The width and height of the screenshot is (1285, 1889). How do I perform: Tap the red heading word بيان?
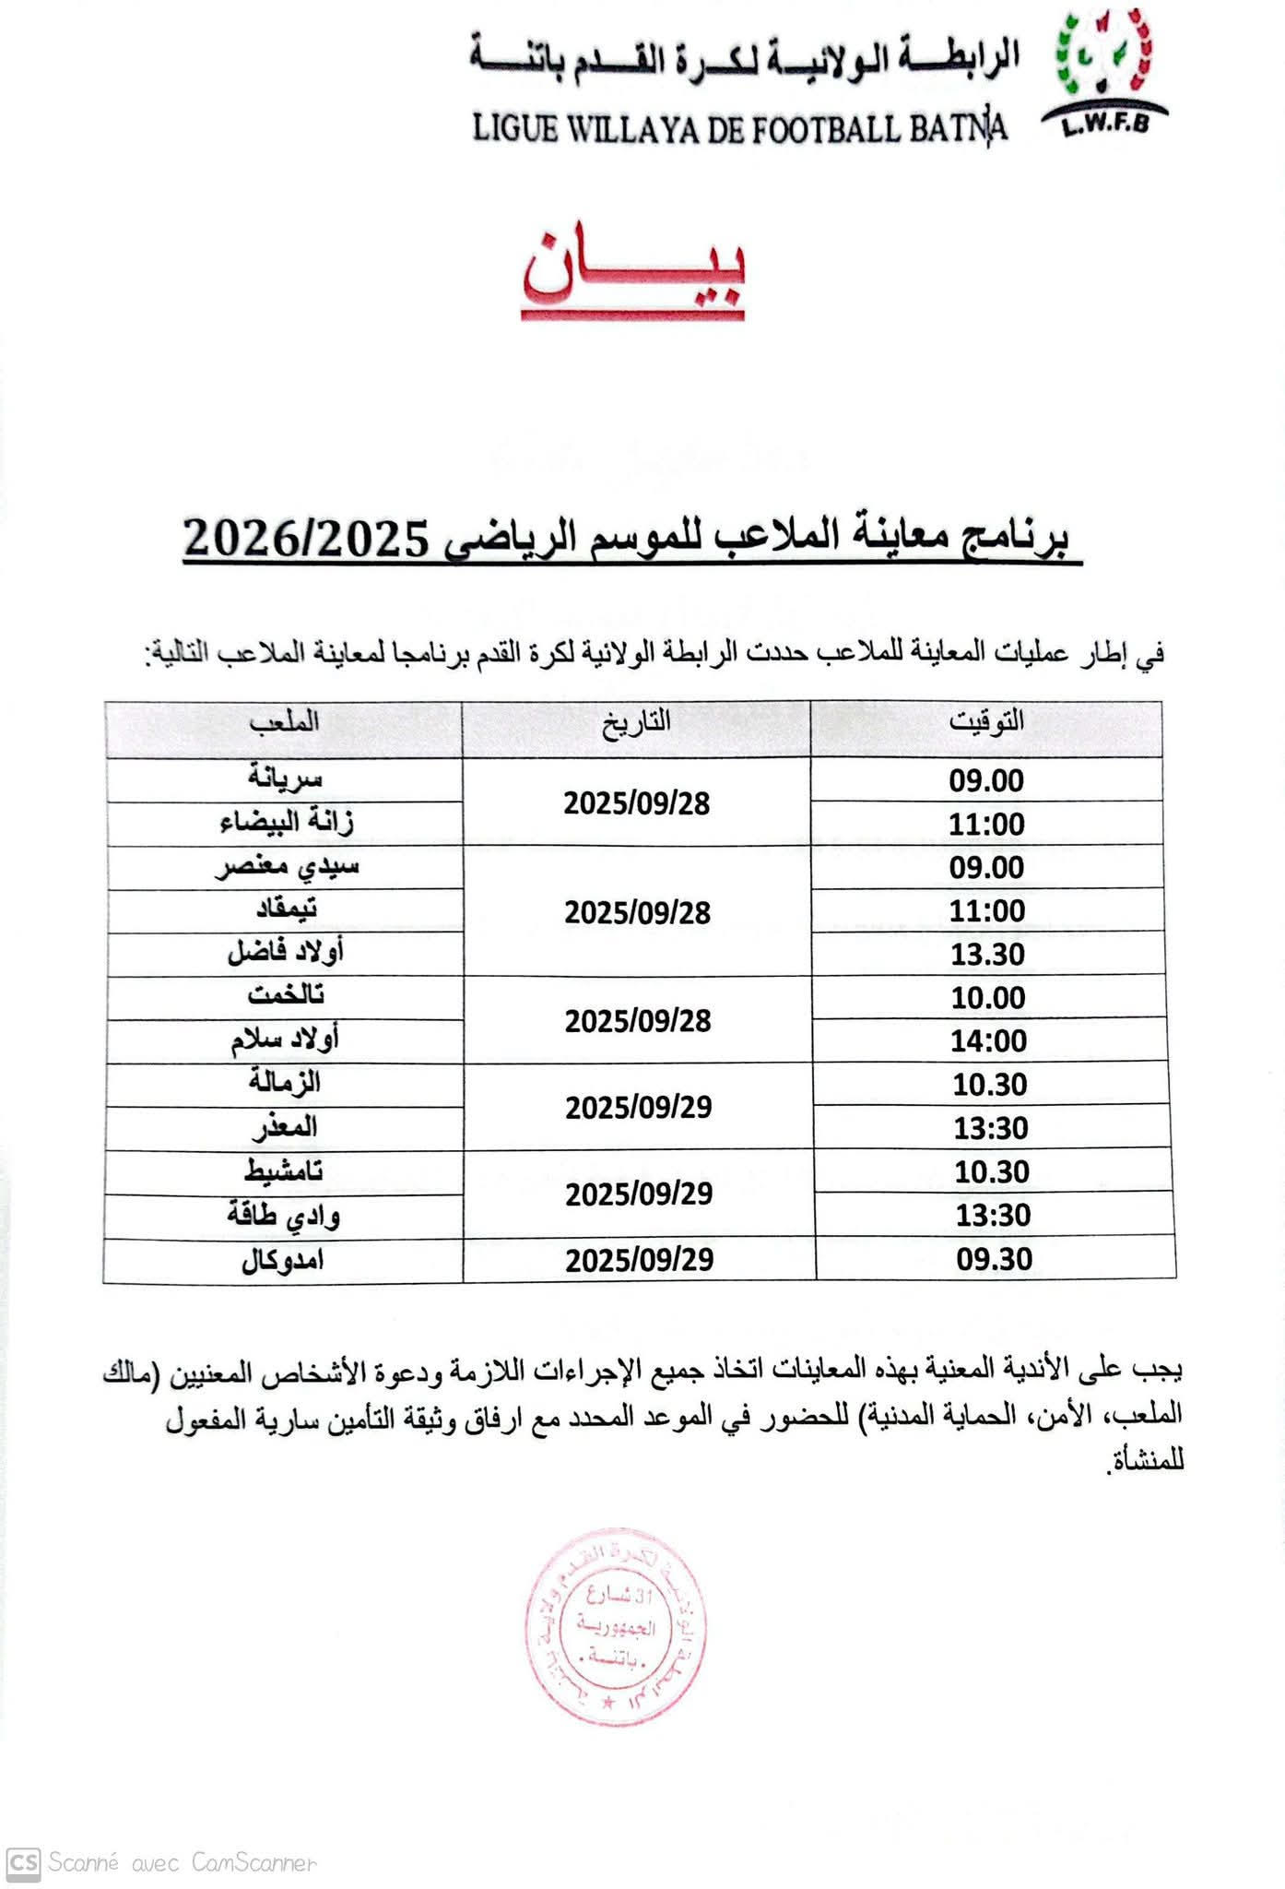tap(634, 270)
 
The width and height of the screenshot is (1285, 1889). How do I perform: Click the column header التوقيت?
tap(986, 721)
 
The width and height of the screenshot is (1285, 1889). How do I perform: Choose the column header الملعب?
tap(284, 721)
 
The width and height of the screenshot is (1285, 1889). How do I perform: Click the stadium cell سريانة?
tap(285, 778)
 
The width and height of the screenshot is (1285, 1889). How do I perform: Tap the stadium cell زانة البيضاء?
tap(287, 822)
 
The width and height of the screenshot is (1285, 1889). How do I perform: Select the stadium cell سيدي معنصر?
tap(287, 866)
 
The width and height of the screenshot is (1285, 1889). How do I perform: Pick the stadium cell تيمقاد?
tap(286, 909)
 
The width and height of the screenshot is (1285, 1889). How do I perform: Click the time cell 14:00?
tap(989, 1041)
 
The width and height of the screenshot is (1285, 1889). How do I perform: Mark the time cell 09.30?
tap(994, 1259)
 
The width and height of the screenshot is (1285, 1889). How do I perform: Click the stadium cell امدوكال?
tap(283, 1260)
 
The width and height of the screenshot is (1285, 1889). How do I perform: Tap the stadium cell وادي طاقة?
tap(284, 1217)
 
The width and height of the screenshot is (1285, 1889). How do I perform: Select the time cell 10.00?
tap(988, 998)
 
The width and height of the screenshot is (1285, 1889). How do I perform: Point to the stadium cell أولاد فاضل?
tap(286, 953)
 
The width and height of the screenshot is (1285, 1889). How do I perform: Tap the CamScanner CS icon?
tap(23, 1863)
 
